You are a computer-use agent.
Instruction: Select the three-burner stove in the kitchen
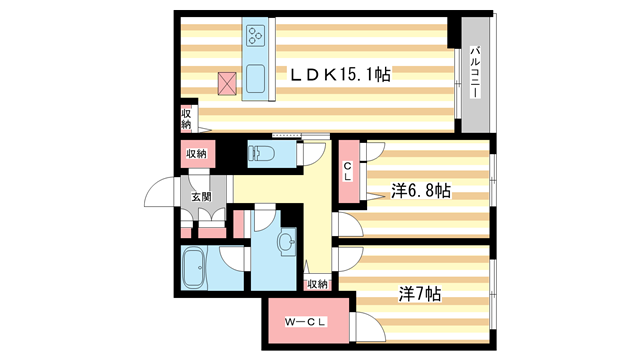(254, 36)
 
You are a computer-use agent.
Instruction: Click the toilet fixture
(262, 154)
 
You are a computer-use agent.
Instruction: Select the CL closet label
(347, 171)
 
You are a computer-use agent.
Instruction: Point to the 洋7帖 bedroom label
(421, 294)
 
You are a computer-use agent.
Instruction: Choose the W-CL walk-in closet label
(303, 321)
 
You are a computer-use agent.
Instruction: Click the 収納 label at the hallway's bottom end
(318, 284)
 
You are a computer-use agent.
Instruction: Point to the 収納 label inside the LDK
(186, 117)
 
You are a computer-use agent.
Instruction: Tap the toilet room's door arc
(311, 154)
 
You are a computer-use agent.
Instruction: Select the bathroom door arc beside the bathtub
(231, 257)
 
